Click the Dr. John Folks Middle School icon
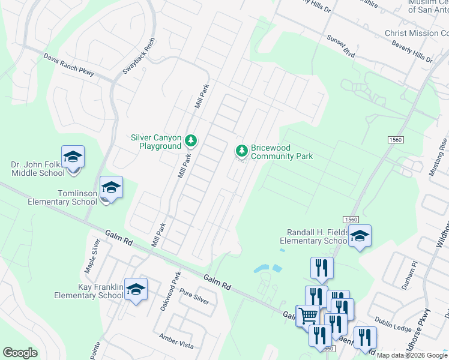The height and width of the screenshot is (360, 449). [x=73, y=157]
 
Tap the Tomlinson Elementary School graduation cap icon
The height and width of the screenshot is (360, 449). [x=111, y=188]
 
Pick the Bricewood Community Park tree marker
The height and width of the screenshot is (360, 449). [x=241, y=151]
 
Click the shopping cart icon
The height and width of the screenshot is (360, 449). [x=308, y=314]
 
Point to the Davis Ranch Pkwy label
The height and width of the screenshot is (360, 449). [x=69, y=65]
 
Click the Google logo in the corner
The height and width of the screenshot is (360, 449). [x=20, y=353]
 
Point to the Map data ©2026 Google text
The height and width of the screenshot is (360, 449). [x=412, y=355]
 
